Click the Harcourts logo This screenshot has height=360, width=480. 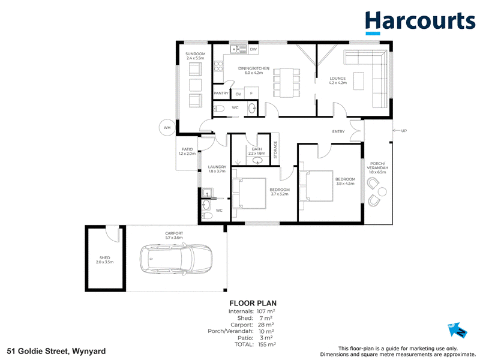(420, 23)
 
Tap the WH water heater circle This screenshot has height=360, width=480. (167, 128)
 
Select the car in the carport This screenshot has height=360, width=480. (176, 259)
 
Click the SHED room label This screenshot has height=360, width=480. (104, 258)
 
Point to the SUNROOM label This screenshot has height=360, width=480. (196, 54)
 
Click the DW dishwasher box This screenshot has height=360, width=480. (253, 49)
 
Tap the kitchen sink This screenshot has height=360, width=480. (238, 49)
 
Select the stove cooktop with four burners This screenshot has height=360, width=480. (218, 66)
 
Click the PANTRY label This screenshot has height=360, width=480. (221, 94)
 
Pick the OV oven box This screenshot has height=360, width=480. (238, 94)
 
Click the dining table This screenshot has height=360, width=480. (286, 83)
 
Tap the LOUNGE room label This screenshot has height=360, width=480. (338, 79)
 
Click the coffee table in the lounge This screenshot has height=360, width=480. (359, 81)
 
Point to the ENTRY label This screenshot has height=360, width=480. (338, 131)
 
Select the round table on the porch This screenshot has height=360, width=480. (382, 192)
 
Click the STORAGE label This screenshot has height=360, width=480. (275, 149)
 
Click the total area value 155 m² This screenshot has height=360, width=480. (267, 344)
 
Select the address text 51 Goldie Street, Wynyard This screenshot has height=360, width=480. (57, 351)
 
